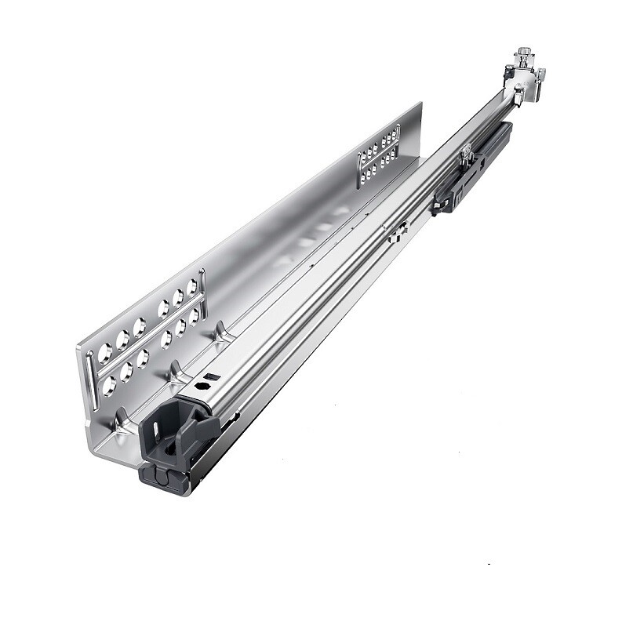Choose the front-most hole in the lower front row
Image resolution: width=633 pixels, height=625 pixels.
click(x=108, y=386)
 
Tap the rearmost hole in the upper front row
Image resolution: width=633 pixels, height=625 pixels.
click(x=191, y=286)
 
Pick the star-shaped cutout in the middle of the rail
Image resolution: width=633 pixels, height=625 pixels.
click(x=398, y=231)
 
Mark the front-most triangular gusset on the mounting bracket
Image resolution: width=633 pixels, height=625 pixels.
click(x=122, y=423)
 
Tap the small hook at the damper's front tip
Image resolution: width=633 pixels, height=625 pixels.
click(x=437, y=208)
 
